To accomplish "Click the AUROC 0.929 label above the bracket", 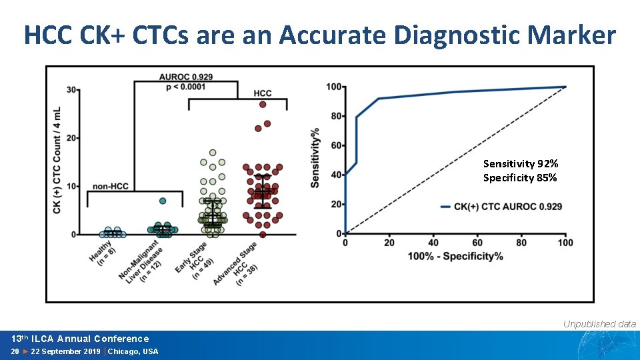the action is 186,78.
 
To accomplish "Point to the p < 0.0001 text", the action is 186,87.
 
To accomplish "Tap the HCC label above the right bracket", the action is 263,93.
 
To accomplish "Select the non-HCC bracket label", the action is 111,186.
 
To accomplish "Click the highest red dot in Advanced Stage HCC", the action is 263,104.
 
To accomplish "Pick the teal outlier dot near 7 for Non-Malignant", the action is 163,201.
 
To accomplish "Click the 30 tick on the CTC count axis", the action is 71,89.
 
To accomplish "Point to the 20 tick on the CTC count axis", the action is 71,138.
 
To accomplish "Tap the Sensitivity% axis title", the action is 315,158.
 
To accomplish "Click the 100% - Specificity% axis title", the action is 455,257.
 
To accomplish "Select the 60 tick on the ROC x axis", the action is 477,243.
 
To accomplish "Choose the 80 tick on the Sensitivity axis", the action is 333,116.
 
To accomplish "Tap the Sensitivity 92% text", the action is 521,163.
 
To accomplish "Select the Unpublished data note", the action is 599,324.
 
